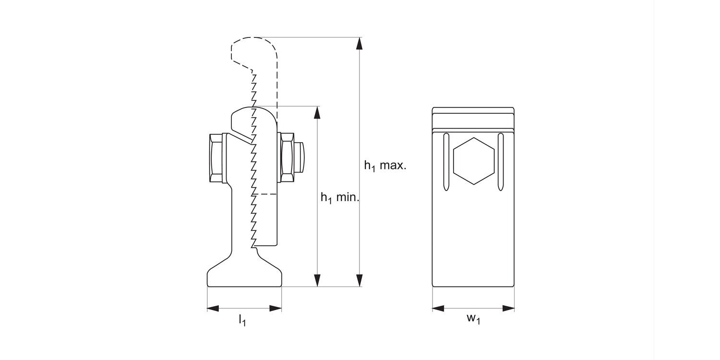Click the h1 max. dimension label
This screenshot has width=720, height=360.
tap(385, 167)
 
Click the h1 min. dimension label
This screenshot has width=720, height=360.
tap(340, 197)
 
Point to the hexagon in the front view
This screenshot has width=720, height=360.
tap(474, 161)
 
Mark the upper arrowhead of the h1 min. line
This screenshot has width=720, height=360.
tap(317, 112)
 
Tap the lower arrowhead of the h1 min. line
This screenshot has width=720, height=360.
tap(317, 280)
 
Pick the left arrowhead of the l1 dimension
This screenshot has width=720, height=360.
tap(213, 308)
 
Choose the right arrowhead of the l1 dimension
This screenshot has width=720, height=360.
tap(276, 308)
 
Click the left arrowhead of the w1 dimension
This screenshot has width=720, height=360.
tap(438, 308)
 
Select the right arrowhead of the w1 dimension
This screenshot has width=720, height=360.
tap(509, 308)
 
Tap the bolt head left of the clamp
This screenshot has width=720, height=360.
tap(216, 158)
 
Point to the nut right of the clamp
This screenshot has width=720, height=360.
tap(287, 157)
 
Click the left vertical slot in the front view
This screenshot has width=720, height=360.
tap(446, 162)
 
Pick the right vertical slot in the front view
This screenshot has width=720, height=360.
tap(501, 162)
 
